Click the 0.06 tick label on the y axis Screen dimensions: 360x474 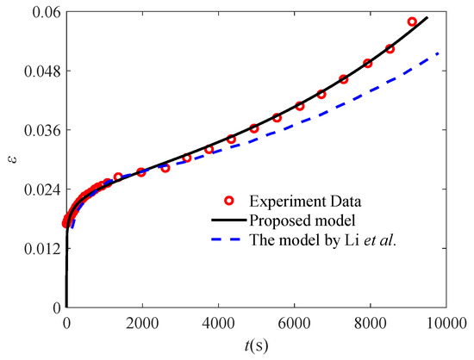pyautogui.click(x=44, y=11)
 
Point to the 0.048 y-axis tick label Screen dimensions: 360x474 pyautogui.click(x=41, y=71)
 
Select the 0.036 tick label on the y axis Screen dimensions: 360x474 pyautogui.click(x=41, y=130)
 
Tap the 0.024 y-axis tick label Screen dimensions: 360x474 pyautogui.click(x=41, y=189)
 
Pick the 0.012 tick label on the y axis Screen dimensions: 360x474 pyautogui.click(x=41, y=249)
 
